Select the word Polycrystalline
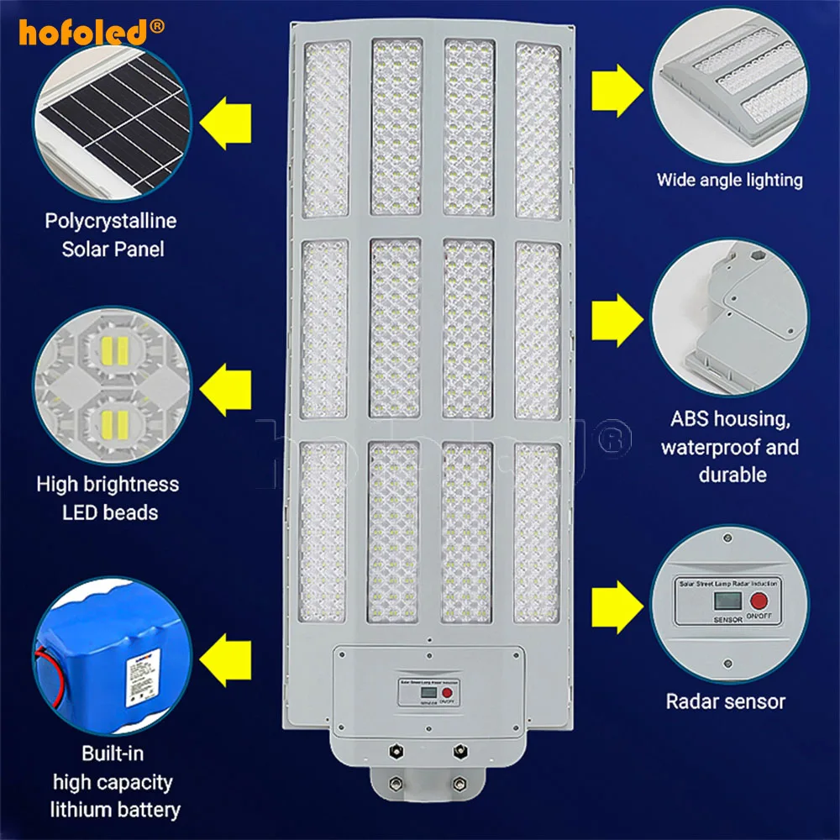pyautogui.click(x=111, y=222)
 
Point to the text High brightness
pyautogui.click(x=108, y=484)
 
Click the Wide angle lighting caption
pyautogui.click(x=729, y=180)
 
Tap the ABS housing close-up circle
pyautogui.click(x=729, y=315)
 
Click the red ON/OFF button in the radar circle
pyautogui.click(x=760, y=602)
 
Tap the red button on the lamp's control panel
pyautogui.click(x=448, y=694)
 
